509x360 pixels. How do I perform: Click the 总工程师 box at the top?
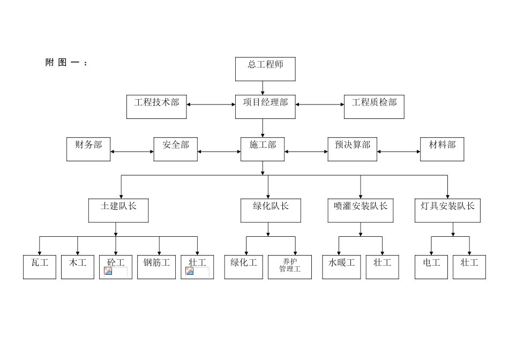coord(265,69)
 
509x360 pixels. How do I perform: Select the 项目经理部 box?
coord(265,107)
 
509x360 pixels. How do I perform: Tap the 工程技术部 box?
coord(156,107)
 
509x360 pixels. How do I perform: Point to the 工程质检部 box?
coord(374,107)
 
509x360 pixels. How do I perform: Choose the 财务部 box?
coord(88,149)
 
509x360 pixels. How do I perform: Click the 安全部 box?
coord(175,149)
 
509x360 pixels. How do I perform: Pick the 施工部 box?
coord(263,149)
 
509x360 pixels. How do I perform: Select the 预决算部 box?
coord(352,149)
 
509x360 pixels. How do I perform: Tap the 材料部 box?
coord(442,149)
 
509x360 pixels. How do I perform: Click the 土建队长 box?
coord(118,211)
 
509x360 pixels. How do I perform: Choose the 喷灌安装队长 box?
coord(360,211)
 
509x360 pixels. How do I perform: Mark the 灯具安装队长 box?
coord(447,211)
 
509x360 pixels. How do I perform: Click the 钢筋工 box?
coord(156,267)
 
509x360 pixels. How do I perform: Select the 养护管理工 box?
coord(290,267)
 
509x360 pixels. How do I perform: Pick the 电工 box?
coord(431,267)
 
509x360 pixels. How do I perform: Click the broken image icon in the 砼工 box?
coord(108,272)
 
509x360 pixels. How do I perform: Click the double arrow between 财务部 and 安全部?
coord(132,152)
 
